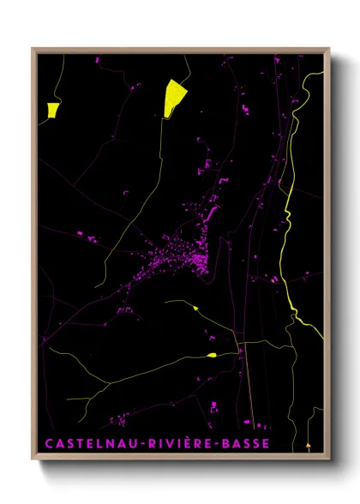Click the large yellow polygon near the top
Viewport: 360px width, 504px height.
click(x=175, y=98)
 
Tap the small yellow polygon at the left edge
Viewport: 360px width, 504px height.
click(x=53, y=109)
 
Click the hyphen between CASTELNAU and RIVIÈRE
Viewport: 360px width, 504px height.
click(x=141, y=444)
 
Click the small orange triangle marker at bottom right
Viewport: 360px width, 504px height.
click(x=309, y=446)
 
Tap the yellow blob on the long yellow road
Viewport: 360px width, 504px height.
click(x=211, y=354)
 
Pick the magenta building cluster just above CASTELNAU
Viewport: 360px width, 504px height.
click(x=120, y=420)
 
